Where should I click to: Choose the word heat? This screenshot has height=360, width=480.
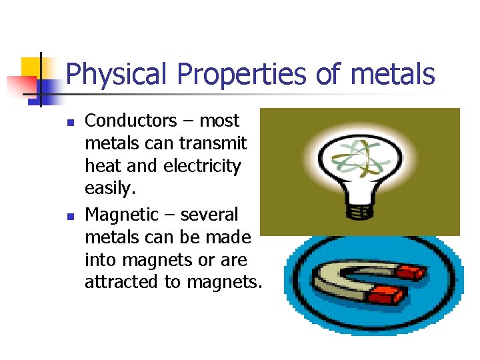point(102,166)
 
